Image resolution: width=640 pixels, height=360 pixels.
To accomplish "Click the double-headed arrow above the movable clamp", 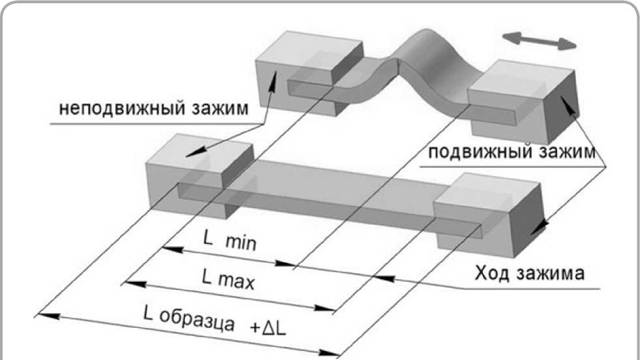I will [x=543, y=40].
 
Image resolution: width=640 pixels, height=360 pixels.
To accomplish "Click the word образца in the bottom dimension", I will [x=195, y=321].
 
